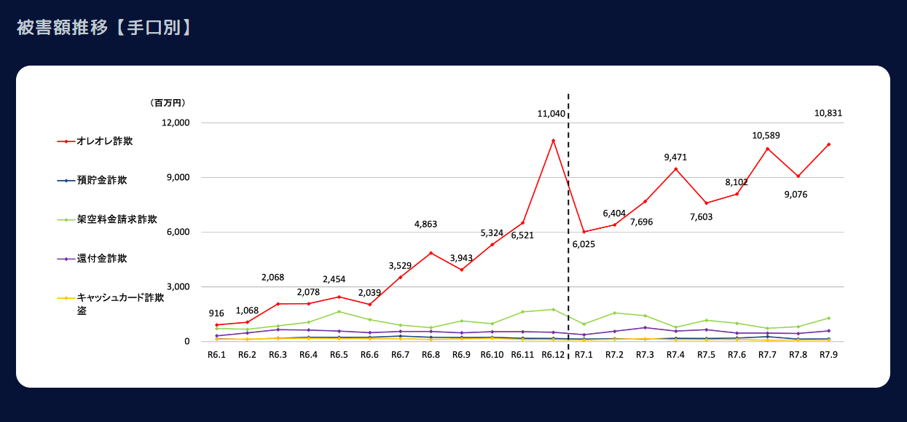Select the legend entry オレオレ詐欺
pos(104,141)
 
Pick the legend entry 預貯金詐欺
pos(101,180)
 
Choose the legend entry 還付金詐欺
pos(101,258)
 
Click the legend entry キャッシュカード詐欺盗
pos(119,297)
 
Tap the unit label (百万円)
pos(168,103)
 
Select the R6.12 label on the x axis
pos(553,355)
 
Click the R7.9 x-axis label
pos(828,355)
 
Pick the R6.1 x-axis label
pos(216,355)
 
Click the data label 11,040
pos(551,114)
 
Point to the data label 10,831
pos(828,113)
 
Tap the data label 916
pos(216,313)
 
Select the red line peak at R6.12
pos(553,140)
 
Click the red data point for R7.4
pos(676,169)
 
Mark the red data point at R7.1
pos(584,232)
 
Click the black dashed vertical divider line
pos(568,219)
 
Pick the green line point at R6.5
pos(339,311)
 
